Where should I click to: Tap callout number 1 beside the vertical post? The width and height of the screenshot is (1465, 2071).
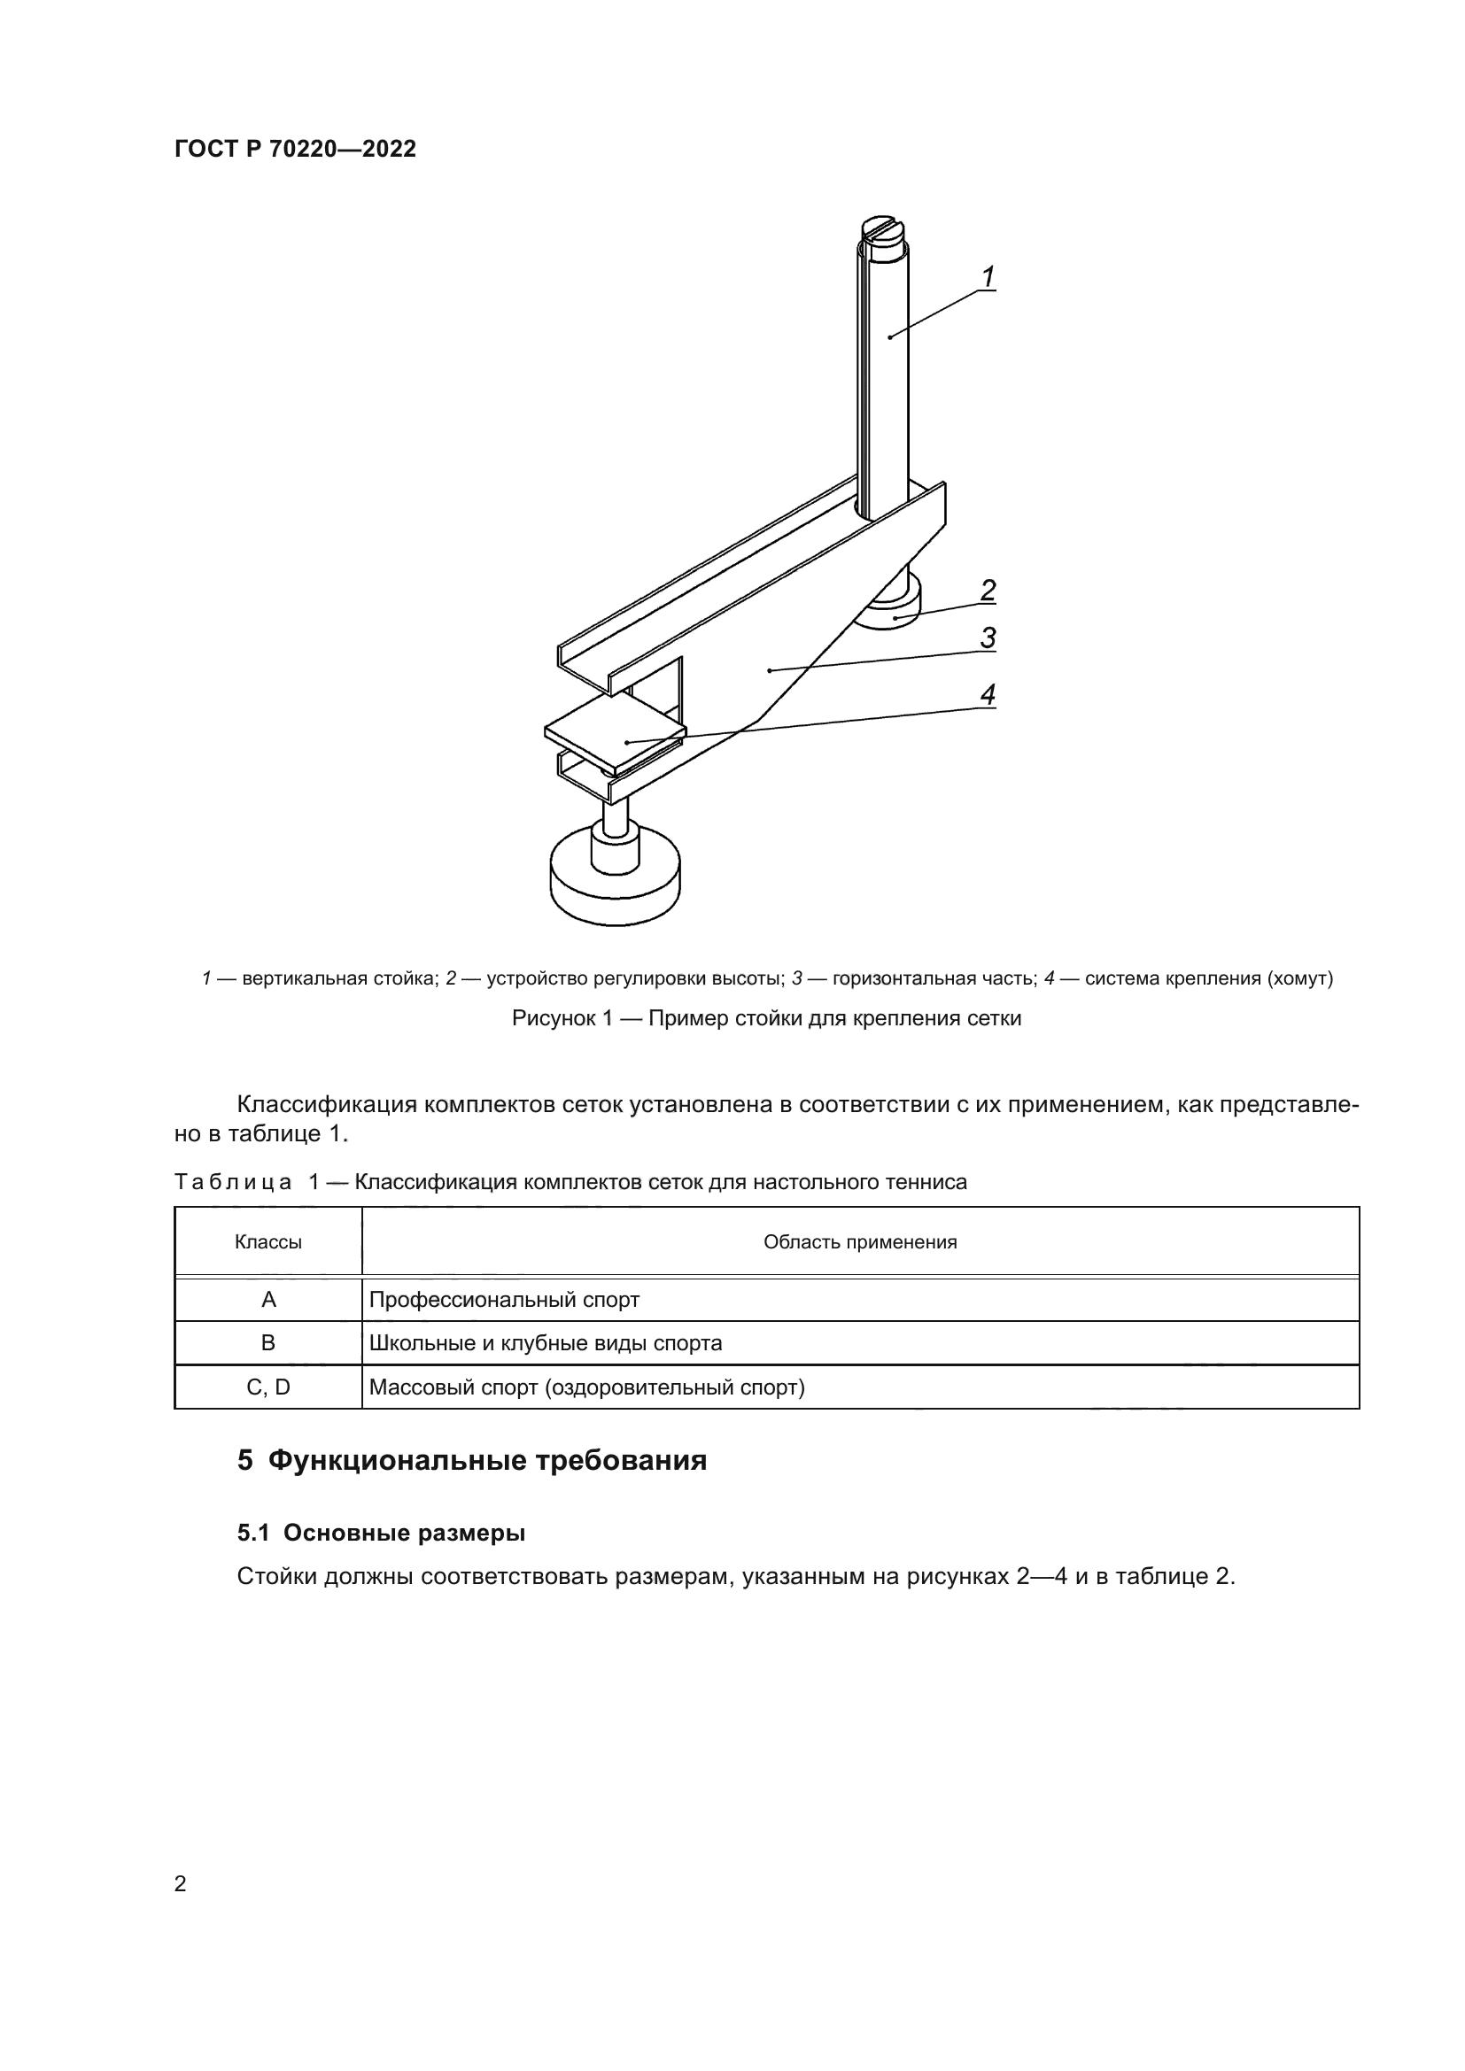988,277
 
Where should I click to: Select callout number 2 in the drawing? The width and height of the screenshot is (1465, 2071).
988,591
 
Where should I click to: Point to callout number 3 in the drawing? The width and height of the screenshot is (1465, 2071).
988,638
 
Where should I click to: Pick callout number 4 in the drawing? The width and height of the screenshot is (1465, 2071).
988,694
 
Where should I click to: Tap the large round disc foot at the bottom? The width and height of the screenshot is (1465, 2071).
615,884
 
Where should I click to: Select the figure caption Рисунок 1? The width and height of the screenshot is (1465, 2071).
766,1018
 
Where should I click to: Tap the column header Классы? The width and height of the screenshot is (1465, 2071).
267,1242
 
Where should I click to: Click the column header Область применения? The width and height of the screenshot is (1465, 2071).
860,1242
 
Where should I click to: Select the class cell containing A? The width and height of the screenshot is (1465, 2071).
267,1300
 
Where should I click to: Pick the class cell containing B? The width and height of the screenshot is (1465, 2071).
267,1343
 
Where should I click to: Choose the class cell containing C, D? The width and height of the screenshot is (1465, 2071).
267,1387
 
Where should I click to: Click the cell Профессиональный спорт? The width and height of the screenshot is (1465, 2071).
504,1300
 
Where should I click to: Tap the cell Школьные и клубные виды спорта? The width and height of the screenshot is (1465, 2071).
546,1343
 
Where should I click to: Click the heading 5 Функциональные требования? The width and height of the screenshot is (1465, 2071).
472,1460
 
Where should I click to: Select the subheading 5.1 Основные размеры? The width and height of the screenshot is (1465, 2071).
381,1533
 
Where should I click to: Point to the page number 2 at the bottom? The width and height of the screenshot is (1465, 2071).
181,1884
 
